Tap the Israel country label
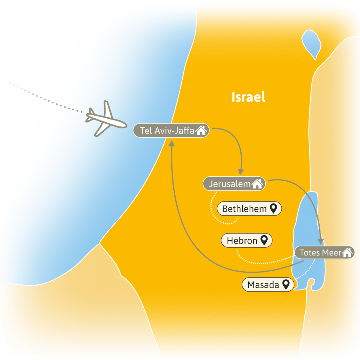248,97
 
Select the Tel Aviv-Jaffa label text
167,131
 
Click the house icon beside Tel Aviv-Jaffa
201,130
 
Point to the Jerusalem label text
230,184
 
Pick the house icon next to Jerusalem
257,184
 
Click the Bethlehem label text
244,209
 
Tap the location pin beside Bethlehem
274,208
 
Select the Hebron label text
242,241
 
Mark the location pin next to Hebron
264,240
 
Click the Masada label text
263,285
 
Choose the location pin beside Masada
286,284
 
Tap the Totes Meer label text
320,252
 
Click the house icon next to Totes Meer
347,252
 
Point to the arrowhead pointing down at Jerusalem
241,172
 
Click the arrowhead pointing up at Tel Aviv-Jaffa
172,143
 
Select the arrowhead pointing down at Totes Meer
321,242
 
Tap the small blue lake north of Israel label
311,44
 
